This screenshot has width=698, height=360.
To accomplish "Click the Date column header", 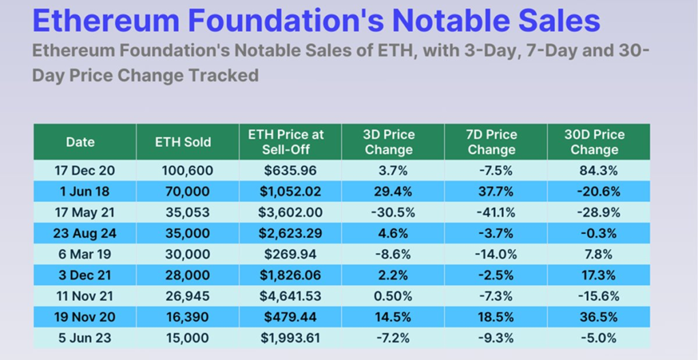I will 80,142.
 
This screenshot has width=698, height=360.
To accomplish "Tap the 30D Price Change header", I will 594,142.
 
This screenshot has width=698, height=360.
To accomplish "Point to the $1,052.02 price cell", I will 290,191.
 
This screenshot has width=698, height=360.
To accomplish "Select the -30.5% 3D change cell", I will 392,212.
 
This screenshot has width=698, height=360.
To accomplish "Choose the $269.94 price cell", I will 290,254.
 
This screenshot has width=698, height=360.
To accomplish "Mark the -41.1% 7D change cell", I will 494,212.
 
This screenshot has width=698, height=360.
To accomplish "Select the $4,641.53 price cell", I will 290,296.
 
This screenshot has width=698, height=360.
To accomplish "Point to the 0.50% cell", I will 392,296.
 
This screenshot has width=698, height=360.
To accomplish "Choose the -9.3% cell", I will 494,338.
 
